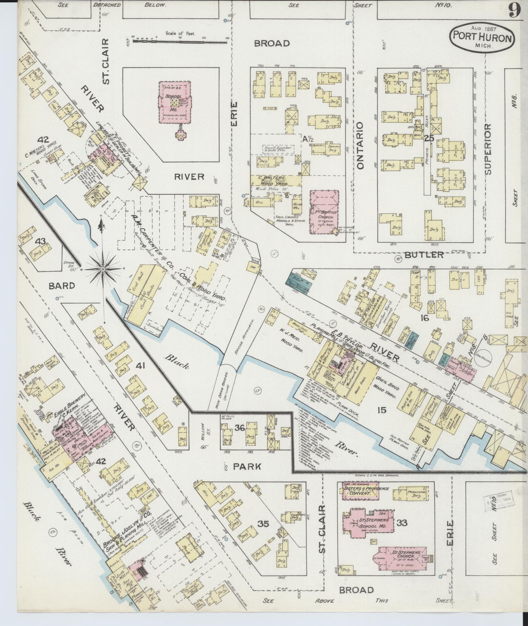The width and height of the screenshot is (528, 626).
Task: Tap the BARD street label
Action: pos(62,286)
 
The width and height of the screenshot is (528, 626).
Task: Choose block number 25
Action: pos(429,138)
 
